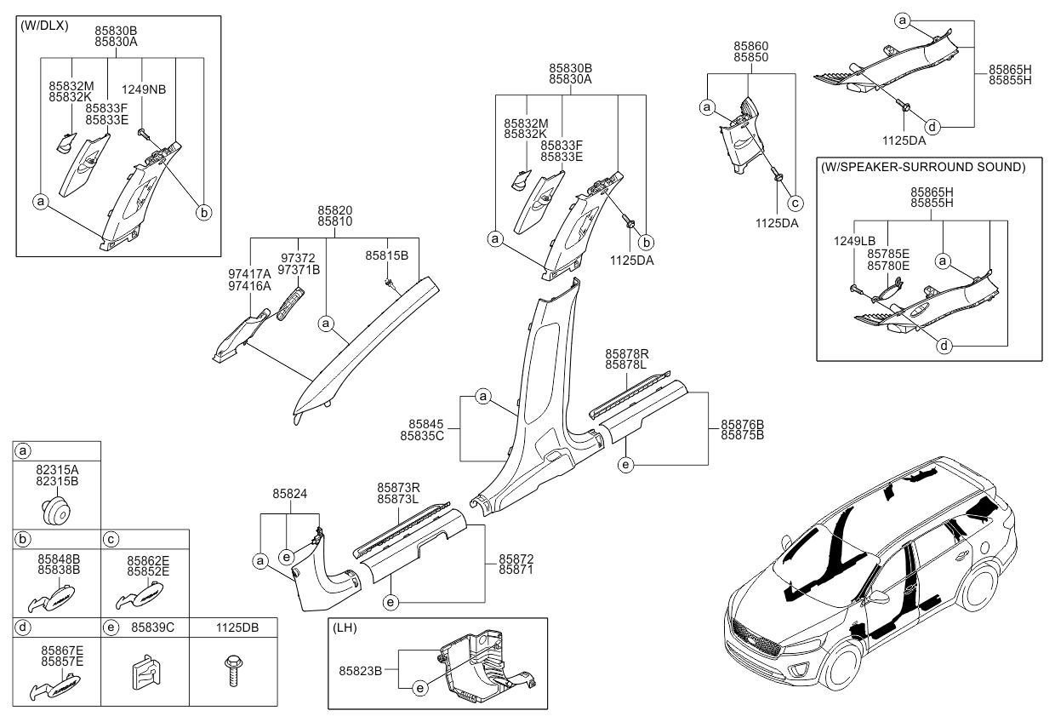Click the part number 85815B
pyautogui.click(x=387, y=255)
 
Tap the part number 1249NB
pyautogui.click(x=144, y=89)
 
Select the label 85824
pyautogui.click(x=290, y=493)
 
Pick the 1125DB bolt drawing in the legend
pyautogui.click(x=232, y=668)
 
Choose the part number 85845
pyautogui.click(x=425, y=423)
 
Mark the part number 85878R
pyautogui.click(x=627, y=352)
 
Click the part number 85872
pyautogui.click(x=516, y=559)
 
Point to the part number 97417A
pyautogui.click(x=249, y=273)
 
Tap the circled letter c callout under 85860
pyautogui.click(x=795, y=203)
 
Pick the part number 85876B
pyautogui.click(x=742, y=423)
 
